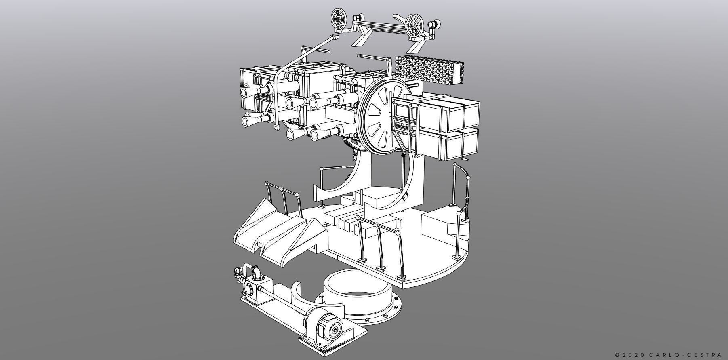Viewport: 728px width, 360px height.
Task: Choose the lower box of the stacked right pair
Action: click(x=448, y=145)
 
